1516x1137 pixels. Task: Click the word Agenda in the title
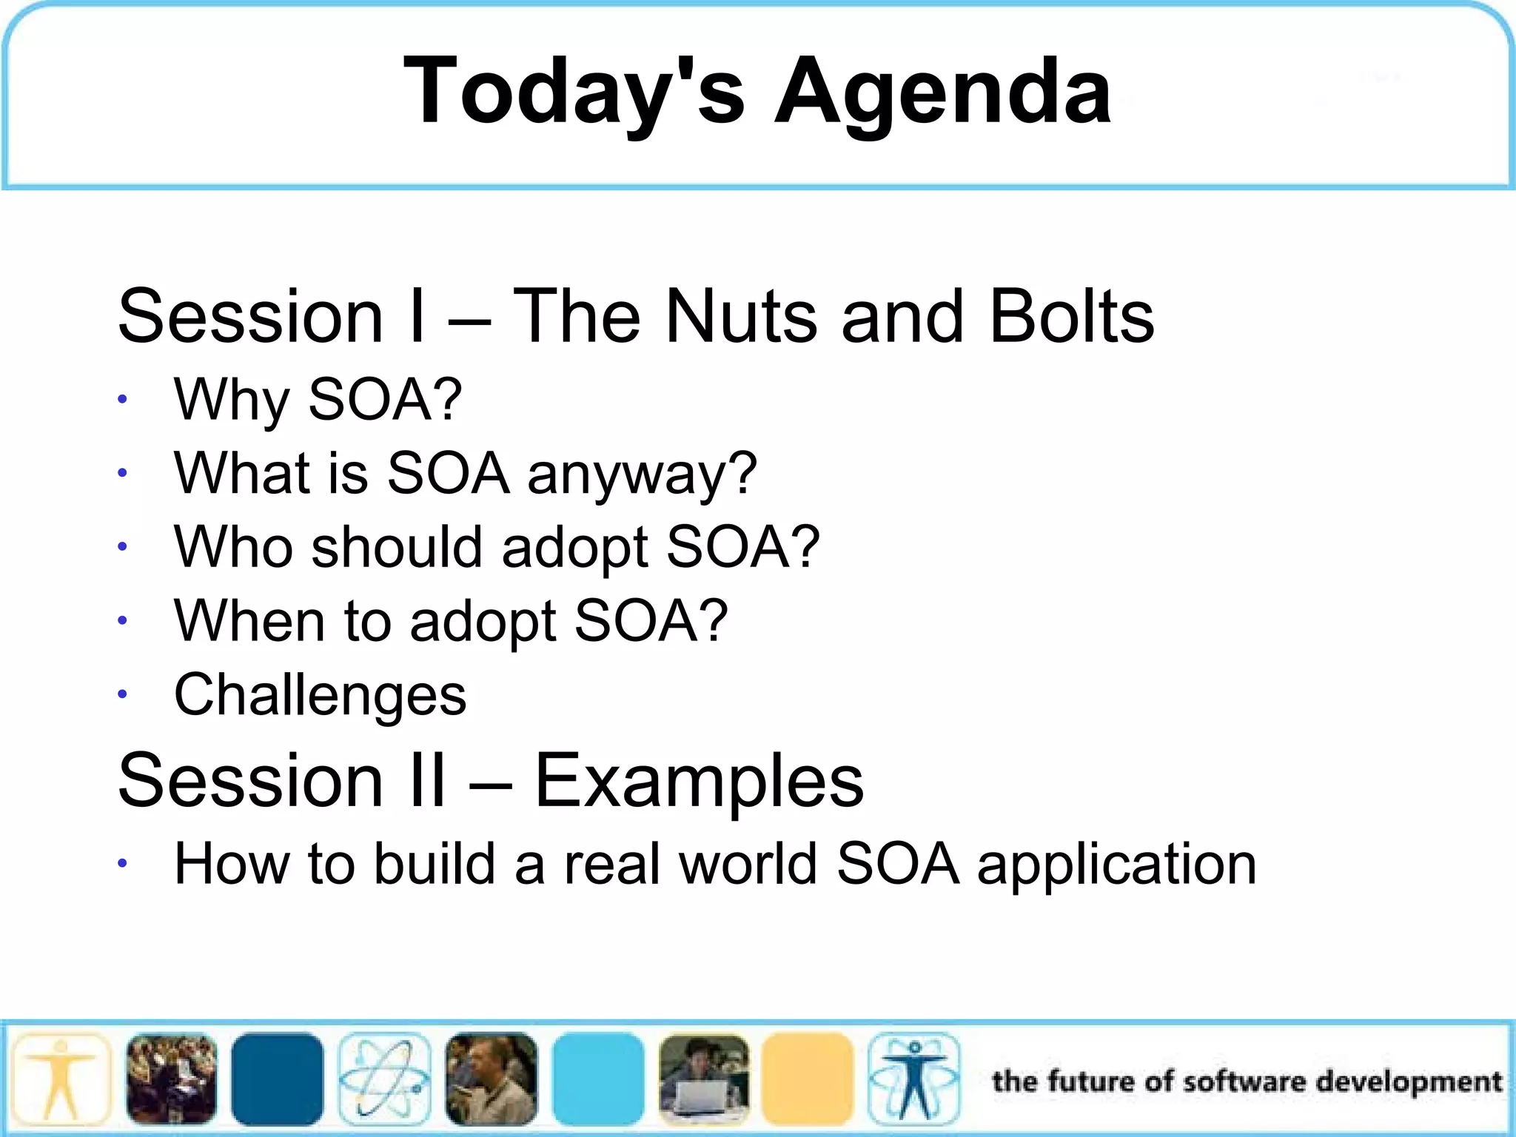pos(942,93)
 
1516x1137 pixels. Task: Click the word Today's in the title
pos(574,93)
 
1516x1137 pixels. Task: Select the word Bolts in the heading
pos(1071,316)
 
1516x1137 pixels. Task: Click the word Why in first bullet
pos(230,400)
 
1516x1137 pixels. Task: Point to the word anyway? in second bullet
pos(642,474)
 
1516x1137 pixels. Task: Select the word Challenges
pos(320,695)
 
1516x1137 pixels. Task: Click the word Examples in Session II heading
pos(698,781)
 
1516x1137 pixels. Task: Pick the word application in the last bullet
pos(1116,865)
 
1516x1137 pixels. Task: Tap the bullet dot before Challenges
pos(123,695)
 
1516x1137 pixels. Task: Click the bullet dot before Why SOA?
pos(123,400)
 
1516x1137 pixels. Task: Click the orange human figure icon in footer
pos(61,1079)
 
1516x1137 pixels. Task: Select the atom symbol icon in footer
pos(383,1079)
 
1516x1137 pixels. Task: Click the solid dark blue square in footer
pos(278,1079)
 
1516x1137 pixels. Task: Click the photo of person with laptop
pos(703,1079)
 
